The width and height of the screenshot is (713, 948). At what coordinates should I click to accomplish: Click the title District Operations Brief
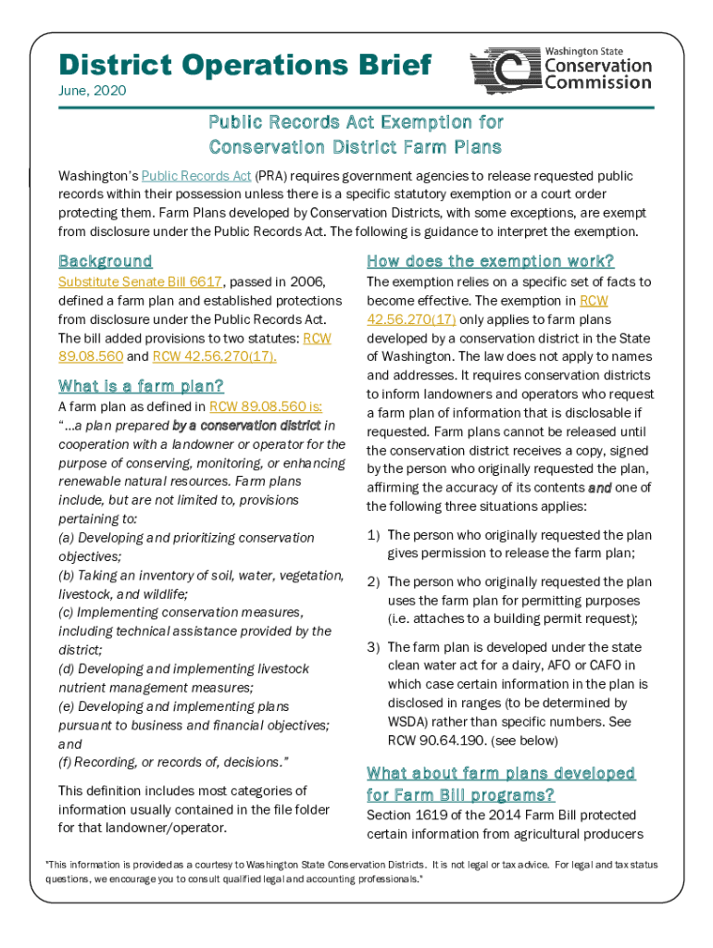[x=244, y=65]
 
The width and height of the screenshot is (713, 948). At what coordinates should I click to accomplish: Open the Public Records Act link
[x=196, y=176]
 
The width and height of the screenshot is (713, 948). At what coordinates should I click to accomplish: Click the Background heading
[x=106, y=261]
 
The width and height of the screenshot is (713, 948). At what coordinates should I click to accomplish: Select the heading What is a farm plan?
[x=141, y=385]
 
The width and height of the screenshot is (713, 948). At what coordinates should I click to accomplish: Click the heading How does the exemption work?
[x=490, y=261]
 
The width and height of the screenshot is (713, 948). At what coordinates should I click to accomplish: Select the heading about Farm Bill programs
[x=500, y=783]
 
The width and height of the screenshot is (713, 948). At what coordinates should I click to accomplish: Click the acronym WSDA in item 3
[x=407, y=722]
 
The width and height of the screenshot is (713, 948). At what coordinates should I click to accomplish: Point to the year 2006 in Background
[x=310, y=281]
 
